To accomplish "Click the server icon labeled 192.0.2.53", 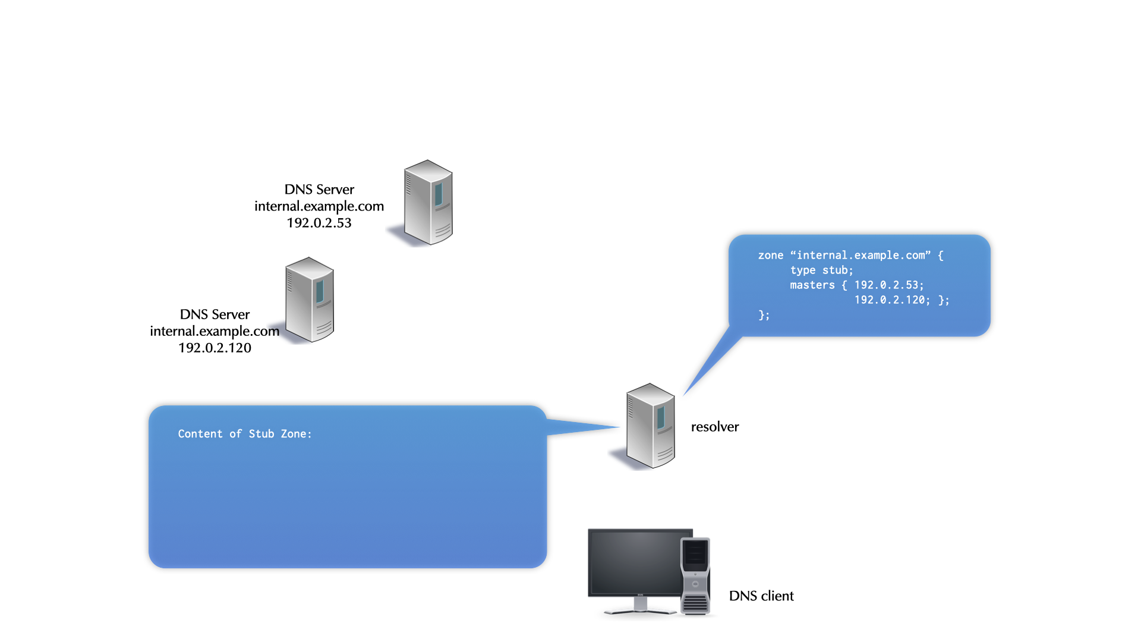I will (x=428, y=202).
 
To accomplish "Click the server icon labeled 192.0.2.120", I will (x=309, y=300).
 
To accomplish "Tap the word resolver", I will (x=715, y=427).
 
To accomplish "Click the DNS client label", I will (x=761, y=596).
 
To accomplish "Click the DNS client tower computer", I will (x=695, y=575).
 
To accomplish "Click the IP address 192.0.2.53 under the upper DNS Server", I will (x=319, y=223).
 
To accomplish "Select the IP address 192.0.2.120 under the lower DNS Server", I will (x=215, y=348).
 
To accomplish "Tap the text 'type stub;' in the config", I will (x=821, y=270).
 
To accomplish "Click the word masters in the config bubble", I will (x=812, y=285).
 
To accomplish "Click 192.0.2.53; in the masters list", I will (x=889, y=285).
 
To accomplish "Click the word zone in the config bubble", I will (x=771, y=256).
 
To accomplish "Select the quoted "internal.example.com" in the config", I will (x=861, y=256).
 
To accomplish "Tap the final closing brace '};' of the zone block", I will (x=764, y=315).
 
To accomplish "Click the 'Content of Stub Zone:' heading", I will (x=245, y=434).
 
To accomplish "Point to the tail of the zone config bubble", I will (x=710, y=364).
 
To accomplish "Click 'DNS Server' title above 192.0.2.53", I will (x=319, y=190).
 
